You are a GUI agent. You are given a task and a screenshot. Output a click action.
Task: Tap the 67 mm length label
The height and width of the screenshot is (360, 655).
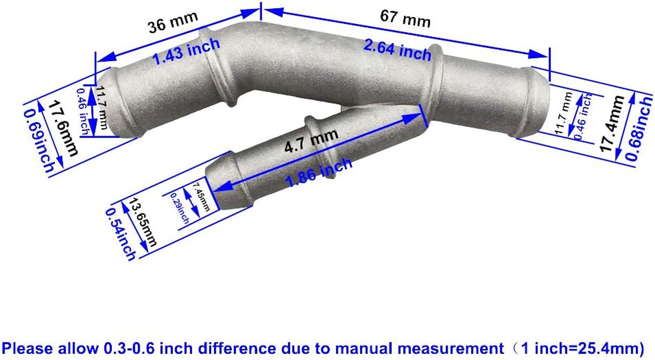pos(405,18)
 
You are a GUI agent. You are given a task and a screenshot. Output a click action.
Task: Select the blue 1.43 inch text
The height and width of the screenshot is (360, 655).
pos(186,51)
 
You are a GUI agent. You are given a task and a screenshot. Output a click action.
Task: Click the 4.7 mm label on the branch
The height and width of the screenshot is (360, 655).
pos(311,140)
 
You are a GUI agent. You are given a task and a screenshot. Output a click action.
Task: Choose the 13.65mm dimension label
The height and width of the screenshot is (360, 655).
pos(143,223)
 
